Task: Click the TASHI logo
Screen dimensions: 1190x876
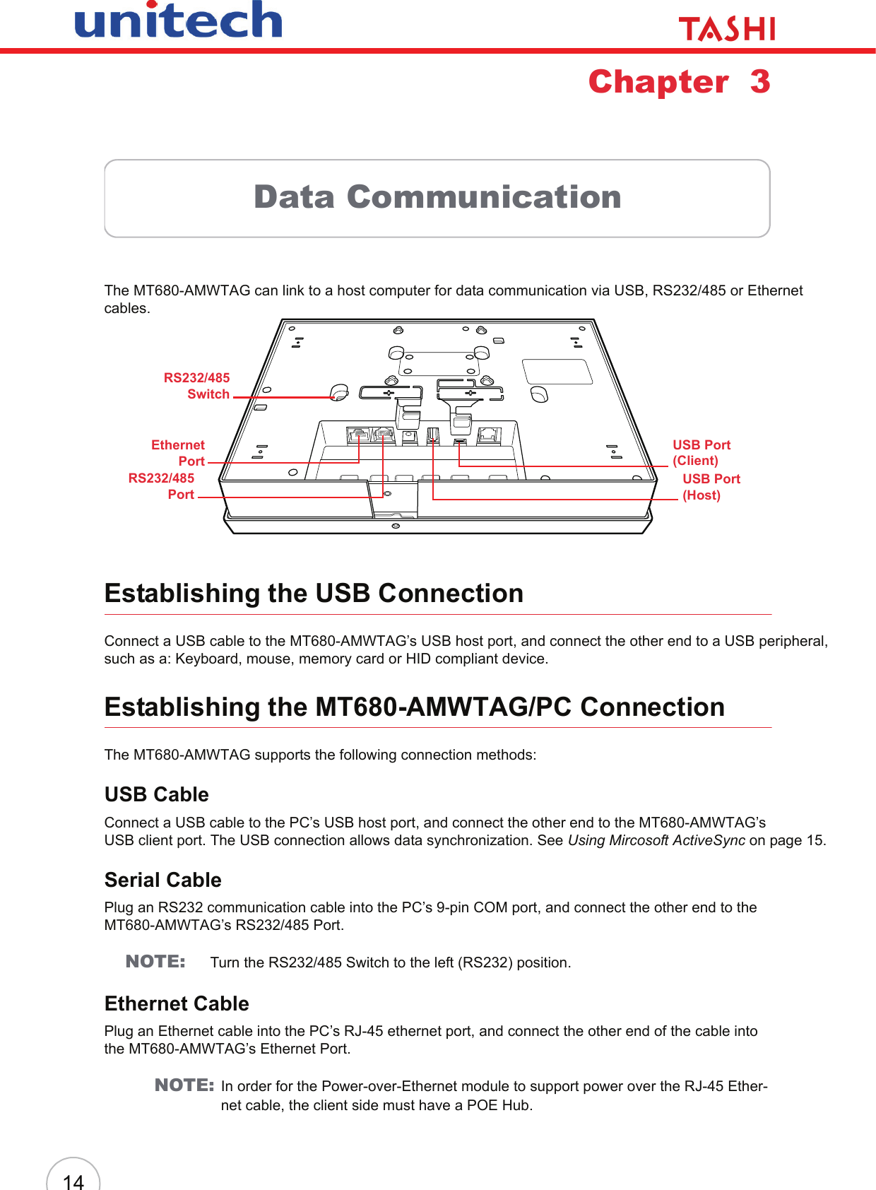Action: [726, 29]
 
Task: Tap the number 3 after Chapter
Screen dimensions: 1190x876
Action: [760, 82]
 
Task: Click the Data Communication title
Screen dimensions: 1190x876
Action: [437, 197]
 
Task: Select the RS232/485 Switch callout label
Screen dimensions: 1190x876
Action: [197, 386]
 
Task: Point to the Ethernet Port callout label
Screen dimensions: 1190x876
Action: [179, 453]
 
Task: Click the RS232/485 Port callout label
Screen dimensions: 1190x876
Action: [162, 486]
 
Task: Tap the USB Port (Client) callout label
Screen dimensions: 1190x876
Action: [701, 452]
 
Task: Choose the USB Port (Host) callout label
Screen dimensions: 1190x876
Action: [710, 487]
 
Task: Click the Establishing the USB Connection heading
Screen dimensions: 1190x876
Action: [314, 594]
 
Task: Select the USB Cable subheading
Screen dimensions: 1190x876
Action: [156, 794]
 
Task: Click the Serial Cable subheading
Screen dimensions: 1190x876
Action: [162, 880]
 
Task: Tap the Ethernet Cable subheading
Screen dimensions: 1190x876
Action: [177, 1003]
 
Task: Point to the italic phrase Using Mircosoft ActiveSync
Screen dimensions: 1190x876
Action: [656, 840]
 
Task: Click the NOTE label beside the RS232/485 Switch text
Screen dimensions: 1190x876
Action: [155, 962]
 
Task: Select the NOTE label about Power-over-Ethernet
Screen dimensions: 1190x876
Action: [184, 1085]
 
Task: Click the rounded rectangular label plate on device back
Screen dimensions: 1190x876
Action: [557, 372]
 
